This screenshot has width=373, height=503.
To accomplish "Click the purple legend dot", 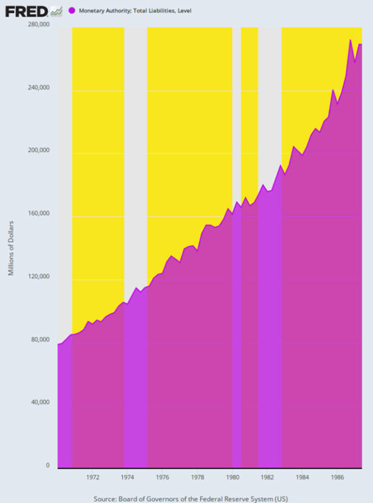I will point(71,11).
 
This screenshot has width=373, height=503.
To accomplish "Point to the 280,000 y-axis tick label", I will point(39,24).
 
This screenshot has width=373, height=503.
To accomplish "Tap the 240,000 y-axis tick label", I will point(39,88).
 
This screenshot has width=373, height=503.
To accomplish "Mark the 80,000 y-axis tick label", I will point(40,339).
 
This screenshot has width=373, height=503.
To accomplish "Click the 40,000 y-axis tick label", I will point(40,402).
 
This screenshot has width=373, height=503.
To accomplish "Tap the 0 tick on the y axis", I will point(47,465).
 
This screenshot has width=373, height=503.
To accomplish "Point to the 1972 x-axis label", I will point(93,477).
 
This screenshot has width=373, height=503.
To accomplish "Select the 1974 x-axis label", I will point(127,477).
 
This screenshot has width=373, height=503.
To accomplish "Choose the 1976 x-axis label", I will point(162,477).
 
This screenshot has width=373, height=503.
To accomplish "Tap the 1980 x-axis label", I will point(233,477).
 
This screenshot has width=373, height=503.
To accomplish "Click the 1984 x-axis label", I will point(302,477).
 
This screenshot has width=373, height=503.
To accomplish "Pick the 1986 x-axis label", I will point(337,477).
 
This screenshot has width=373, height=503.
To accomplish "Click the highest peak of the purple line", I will point(351,40).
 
